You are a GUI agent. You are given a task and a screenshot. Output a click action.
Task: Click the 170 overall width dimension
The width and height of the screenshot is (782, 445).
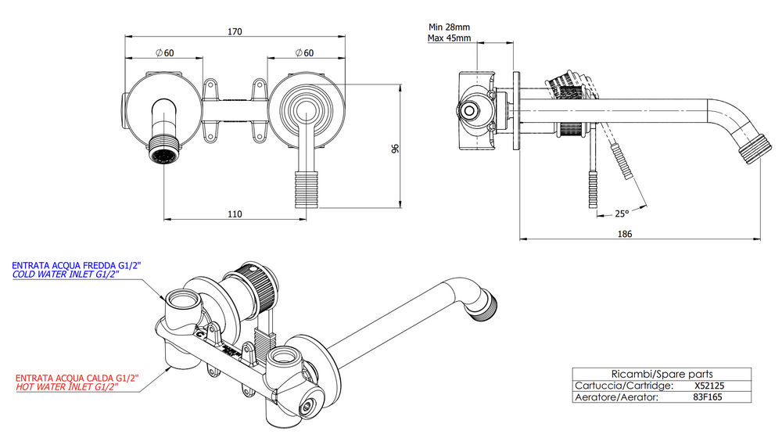(235, 32)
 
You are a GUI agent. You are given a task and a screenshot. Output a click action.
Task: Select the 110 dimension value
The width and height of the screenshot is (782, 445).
(235, 214)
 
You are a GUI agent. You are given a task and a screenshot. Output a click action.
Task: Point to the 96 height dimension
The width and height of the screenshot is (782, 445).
(395, 148)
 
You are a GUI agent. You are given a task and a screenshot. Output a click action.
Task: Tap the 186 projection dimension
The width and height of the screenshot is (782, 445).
(623, 234)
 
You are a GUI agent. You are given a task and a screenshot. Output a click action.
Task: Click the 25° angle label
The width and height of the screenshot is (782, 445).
(622, 213)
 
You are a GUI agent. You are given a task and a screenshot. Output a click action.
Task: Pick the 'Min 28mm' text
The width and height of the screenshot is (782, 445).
(449, 26)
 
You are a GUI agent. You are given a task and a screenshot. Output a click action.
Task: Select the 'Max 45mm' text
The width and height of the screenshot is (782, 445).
(449, 38)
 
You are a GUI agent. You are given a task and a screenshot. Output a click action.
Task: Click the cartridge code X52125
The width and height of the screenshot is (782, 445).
(708, 386)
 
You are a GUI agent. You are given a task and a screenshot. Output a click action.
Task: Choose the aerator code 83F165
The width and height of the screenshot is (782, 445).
(708, 397)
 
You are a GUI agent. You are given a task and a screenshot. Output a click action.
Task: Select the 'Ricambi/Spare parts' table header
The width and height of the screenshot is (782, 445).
(661, 374)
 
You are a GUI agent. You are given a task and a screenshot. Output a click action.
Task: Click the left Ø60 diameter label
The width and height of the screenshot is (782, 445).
(164, 52)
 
